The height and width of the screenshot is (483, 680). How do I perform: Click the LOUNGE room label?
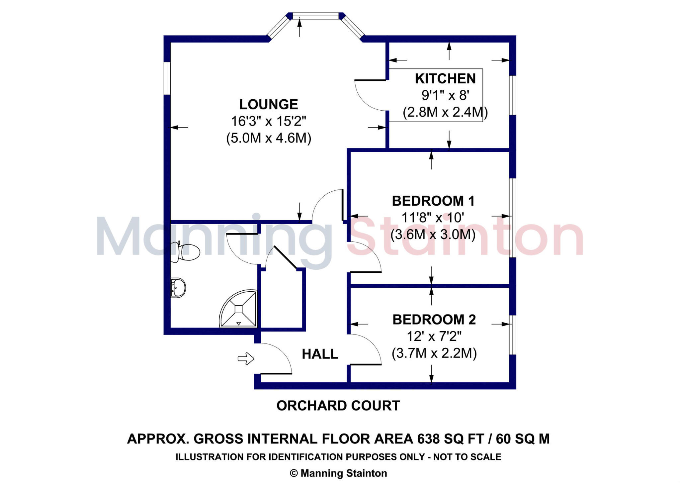click(269, 104)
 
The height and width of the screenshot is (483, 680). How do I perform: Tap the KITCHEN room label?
click(445, 79)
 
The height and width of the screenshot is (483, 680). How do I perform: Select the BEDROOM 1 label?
click(433, 201)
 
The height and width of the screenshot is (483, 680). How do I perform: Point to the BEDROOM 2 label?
click(434, 320)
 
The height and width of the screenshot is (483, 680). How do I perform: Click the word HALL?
click(320, 354)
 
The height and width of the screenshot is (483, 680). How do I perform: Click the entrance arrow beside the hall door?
click(246, 358)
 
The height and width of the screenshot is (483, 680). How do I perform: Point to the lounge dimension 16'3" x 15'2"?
click(269, 121)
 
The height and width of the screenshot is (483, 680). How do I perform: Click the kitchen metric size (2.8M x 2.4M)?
click(445, 112)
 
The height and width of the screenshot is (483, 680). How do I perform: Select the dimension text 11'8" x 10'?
click(433, 218)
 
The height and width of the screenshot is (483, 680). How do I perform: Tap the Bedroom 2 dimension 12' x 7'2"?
click(434, 337)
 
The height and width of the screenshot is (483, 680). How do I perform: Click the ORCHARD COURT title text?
click(338, 406)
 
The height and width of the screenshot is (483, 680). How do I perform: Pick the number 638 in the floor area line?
click(428, 439)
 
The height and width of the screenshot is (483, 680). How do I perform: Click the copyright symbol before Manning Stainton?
click(294, 473)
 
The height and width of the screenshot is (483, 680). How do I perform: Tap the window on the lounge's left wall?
click(167, 78)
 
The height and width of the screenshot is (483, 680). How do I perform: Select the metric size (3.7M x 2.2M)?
click(434, 353)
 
